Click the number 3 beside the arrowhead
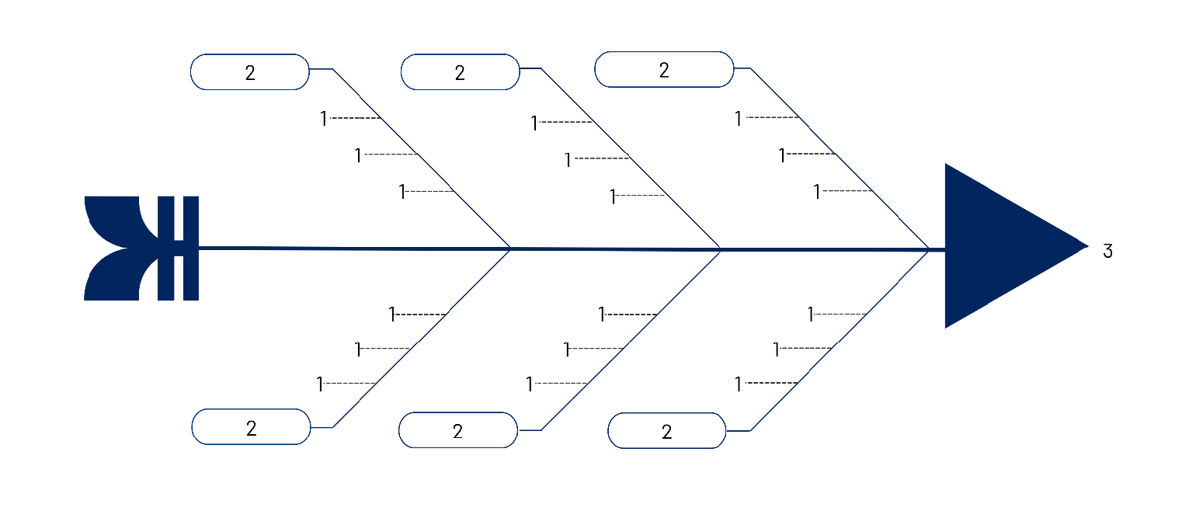(x=1108, y=251)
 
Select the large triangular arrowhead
(x=1003, y=246)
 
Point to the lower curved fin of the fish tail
(x=120, y=275)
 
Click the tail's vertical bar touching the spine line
(x=191, y=249)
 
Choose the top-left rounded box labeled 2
(x=250, y=72)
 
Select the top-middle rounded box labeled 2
(x=461, y=72)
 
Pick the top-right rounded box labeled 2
(x=664, y=69)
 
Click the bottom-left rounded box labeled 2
(x=251, y=426)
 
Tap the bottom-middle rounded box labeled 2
(x=458, y=430)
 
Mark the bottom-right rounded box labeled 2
(x=667, y=430)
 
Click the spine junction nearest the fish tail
(x=510, y=249)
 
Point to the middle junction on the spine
(x=720, y=249)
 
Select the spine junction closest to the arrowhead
(x=929, y=249)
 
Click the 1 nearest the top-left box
(x=324, y=119)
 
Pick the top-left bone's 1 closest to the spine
(x=402, y=192)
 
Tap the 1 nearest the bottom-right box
(x=739, y=384)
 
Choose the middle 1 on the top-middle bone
(x=568, y=160)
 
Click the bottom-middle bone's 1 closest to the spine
(x=602, y=314)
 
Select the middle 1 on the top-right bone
(x=782, y=155)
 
